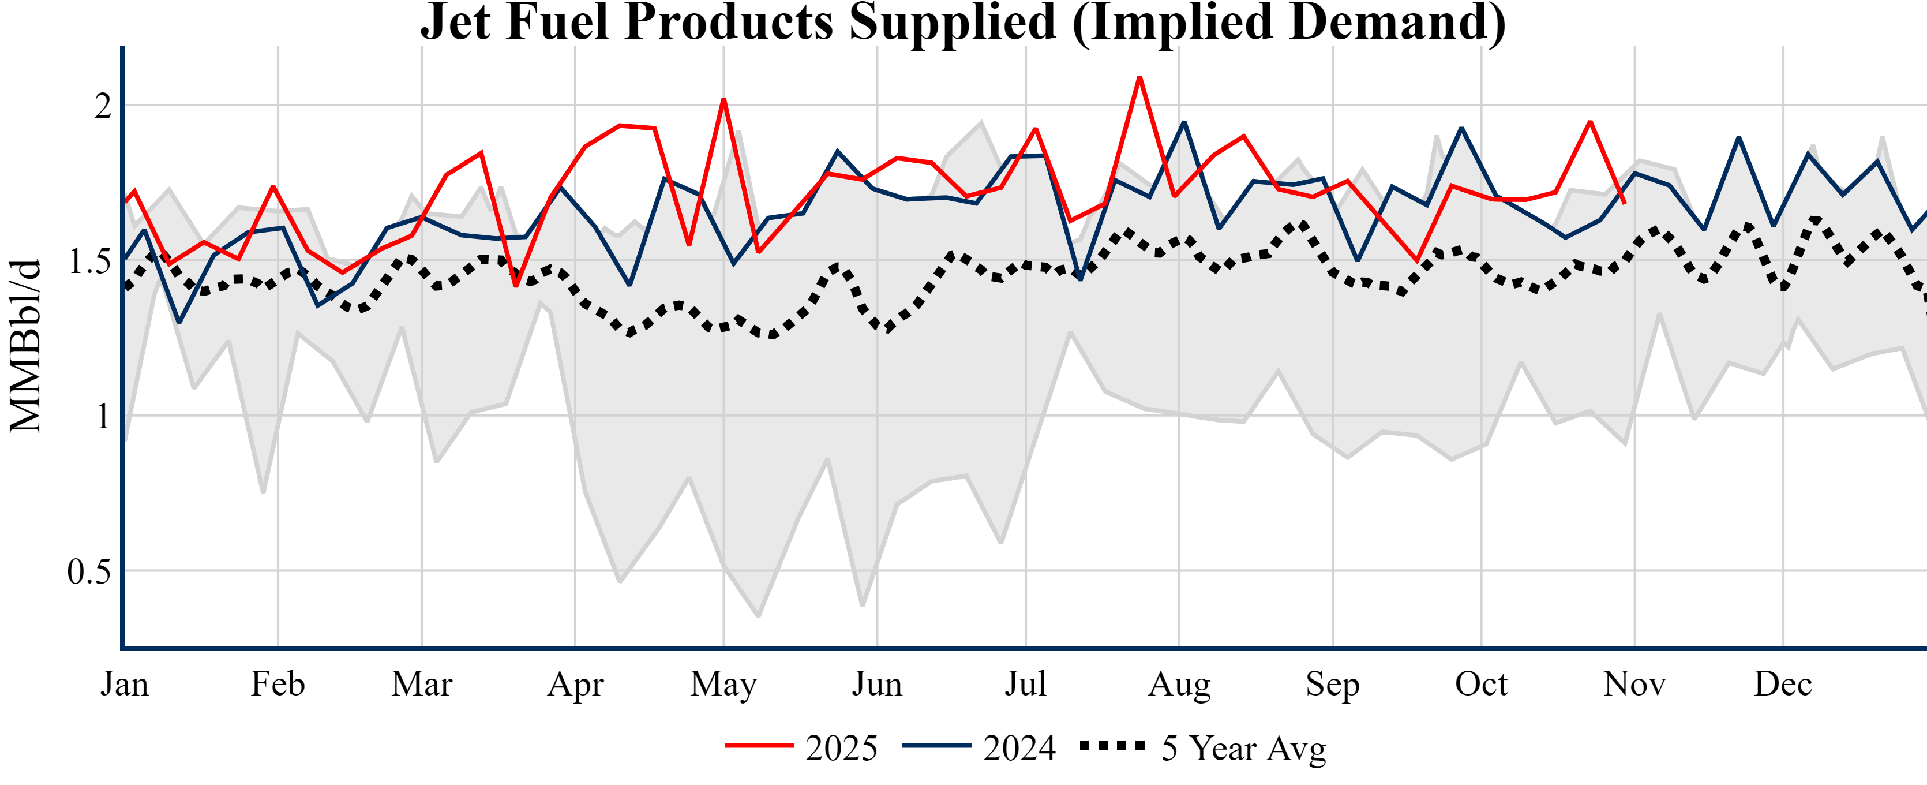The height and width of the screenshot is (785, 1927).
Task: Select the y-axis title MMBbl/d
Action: tap(25, 346)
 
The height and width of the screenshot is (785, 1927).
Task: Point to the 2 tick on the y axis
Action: tap(103, 106)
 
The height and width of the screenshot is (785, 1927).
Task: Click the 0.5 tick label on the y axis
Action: tap(89, 572)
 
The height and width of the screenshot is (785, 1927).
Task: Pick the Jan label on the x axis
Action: tap(124, 684)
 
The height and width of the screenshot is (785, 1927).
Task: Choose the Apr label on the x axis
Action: tap(575, 684)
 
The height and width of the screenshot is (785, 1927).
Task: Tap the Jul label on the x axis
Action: tap(1025, 684)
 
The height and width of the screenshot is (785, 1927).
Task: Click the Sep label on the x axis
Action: tap(1332, 684)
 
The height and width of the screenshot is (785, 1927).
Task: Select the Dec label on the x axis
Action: tap(1783, 684)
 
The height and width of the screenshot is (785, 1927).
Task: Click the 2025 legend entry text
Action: tap(841, 747)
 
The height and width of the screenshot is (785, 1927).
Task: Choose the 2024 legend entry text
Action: tap(1019, 747)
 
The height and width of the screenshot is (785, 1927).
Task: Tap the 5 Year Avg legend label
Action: tap(1243, 747)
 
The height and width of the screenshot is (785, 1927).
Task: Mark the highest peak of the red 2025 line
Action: tap(1139, 77)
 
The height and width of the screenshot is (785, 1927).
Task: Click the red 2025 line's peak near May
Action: tap(723, 99)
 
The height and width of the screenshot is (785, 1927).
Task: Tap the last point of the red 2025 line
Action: tap(1624, 203)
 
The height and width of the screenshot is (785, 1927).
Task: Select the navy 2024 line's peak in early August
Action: tap(1184, 122)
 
